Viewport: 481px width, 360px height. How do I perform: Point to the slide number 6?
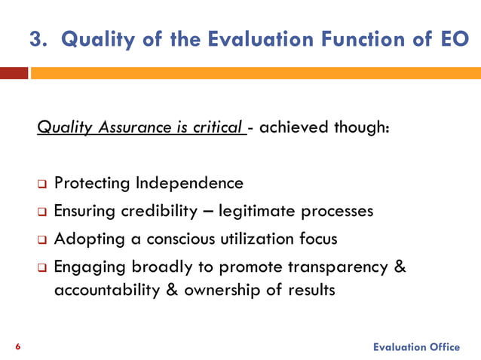[x=18, y=346]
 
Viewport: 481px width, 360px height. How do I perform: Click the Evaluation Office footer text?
[x=416, y=346]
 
